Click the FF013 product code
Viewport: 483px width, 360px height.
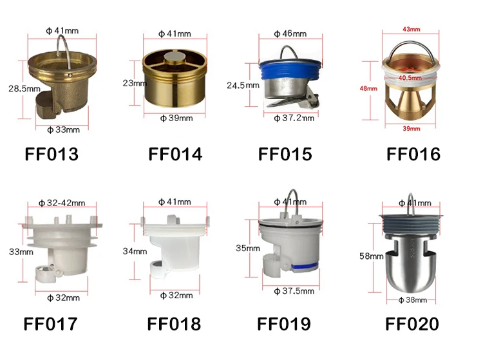pyautogui.click(x=52, y=154)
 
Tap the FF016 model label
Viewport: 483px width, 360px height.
pyautogui.click(x=413, y=154)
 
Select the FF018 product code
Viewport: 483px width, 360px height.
pyautogui.click(x=174, y=324)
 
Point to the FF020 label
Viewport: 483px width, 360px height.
pyautogui.click(x=412, y=324)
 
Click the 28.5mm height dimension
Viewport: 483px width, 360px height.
pyautogui.click(x=24, y=89)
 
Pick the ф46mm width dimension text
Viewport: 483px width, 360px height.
pyautogui.click(x=290, y=33)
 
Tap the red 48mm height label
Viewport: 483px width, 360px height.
pyautogui.click(x=368, y=88)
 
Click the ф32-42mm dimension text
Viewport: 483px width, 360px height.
pyautogui.click(x=62, y=203)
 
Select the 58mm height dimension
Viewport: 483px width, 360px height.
pyautogui.click(x=371, y=256)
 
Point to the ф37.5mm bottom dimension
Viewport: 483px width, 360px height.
pyautogui.click(x=294, y=291)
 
